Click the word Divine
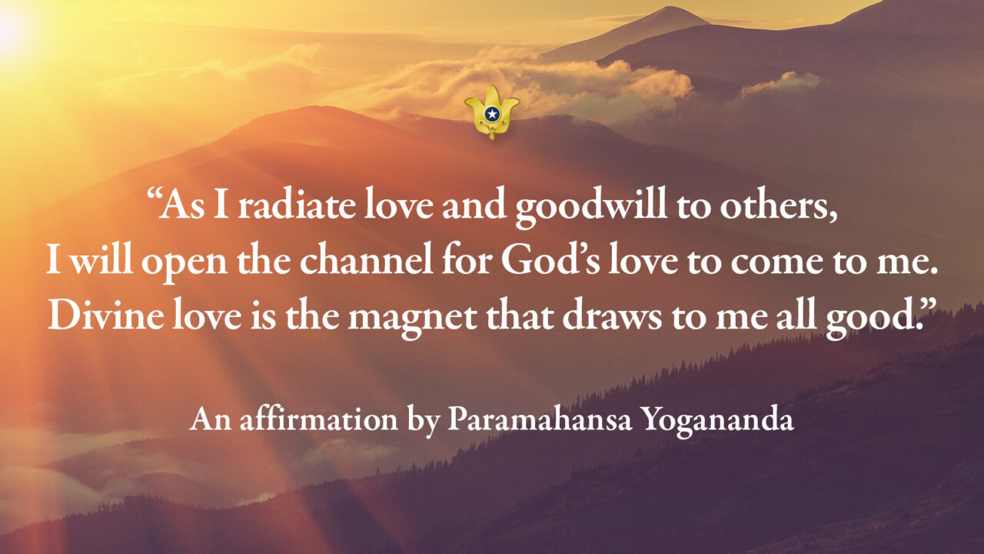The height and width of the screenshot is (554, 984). (99, 315)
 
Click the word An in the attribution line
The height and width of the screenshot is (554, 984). (206, 419)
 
